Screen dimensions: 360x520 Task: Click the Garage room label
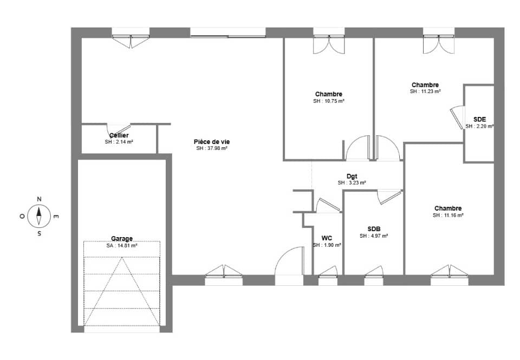pyautogui.click(x=122, y=238)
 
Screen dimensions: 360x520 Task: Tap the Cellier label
pyautogui.click(x=119, y=135)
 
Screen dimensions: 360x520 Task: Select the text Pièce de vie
pyautogui.click(x=212, y=141)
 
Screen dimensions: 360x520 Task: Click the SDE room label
pyautogui.click(x=479, y=119)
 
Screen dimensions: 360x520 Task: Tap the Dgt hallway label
pyautogui.click(x=352, y=176)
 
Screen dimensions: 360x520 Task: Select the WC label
pyautogui.click(x=327, y=238)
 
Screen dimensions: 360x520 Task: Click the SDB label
pyautogui.click(x=374, y=228)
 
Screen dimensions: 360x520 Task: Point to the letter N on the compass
pyautogui.click(x=39, y=199)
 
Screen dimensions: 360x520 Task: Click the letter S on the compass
pyautogui.click(x=39, y=234)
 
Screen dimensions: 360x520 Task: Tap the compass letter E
pyautogui.click(x=56, y=217)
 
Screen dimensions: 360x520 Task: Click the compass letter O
pyautogui.click(x=22, y=217)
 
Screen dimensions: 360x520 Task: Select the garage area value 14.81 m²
pyautogui.click(x=122, y=245)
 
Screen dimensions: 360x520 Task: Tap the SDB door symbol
pyautogui.click(x=389, y=196)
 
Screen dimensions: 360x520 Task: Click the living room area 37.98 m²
pyautogui.click(x=212, y=148)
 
